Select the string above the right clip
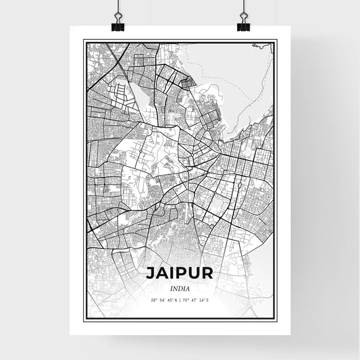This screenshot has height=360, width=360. point(243,7)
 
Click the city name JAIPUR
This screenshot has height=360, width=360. point(179,274)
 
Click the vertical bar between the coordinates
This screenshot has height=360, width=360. point(180,301)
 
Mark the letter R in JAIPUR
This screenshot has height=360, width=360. point(209,274)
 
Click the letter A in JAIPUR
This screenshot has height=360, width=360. point(160,274)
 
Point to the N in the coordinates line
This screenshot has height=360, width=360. point(174,301)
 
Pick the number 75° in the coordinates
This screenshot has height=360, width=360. point(187,301)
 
